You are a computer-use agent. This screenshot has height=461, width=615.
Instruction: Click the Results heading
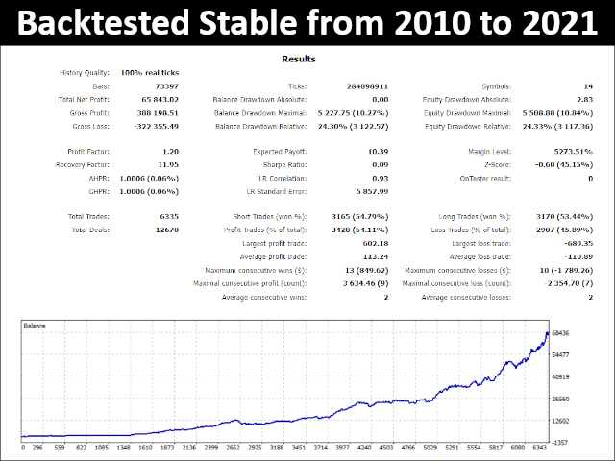(298, 60)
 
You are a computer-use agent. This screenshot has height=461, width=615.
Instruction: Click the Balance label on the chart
(37, 327)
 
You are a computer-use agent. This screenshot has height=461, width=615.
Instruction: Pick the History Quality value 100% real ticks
(149, 73)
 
